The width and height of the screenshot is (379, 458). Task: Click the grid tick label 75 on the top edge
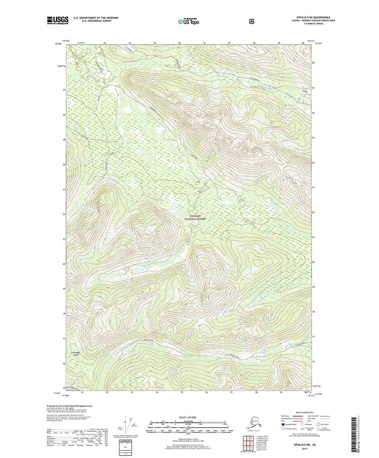pyautogui.click(x=179, y=43)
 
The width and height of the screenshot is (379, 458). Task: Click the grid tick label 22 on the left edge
pyautogui.click(x=64, y=214)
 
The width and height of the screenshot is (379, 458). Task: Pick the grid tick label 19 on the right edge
pyautogui.click(x=313, y=286)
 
